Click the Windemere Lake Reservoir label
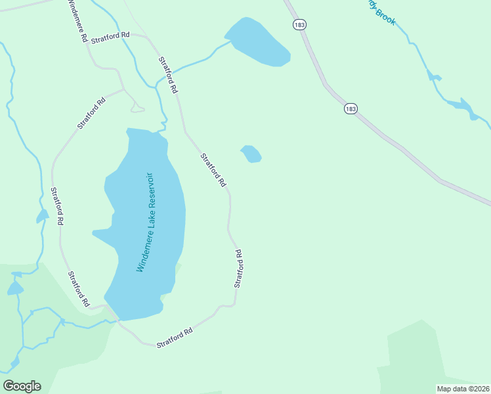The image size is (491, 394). (x=145, y=223)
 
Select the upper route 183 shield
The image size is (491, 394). (x=300, y=24)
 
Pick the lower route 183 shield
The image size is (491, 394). (x=351, y=108)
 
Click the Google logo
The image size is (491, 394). (x=22, y=386)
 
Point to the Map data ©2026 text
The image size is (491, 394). (x=463, y=388)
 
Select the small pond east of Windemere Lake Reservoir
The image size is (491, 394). (x=251, y=154)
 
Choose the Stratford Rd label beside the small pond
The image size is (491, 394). (x=213, y=169)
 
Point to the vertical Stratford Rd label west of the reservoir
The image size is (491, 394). (x=56, y=206)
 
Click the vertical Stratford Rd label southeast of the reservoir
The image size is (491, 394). (x=238, y=268)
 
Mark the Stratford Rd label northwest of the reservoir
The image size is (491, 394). (x=91, y=113)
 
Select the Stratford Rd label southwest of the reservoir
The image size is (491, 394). (x=78, y=289)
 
